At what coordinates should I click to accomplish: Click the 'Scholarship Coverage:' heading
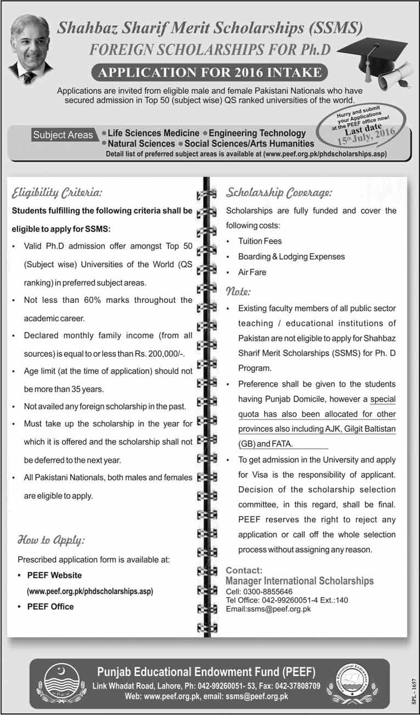tap(278, 193)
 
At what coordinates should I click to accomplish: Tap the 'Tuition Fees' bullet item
tap(260, 241)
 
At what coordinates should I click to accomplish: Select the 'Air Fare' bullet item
tap(252, 272)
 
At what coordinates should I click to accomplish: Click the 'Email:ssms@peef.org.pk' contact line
tap(268, 609)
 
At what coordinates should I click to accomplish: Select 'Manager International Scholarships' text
tap(300, 581)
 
